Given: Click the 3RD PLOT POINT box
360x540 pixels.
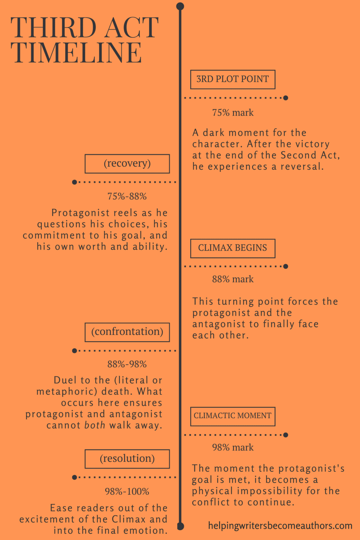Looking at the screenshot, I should coord(233,80).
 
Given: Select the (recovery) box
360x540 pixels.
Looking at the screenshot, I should coord(127,164).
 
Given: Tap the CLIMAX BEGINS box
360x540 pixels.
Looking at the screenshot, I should coord(233,248).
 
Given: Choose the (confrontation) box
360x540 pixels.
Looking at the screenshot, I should coord(127,332).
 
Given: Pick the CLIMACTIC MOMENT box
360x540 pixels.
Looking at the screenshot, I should coord(233,416).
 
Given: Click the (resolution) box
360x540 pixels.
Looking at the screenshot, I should coord(127,459).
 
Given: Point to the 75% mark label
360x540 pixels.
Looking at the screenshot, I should coord(233,112).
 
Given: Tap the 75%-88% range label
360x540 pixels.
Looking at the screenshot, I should coord(127,197).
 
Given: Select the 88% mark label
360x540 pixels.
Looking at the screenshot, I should coord(233,279).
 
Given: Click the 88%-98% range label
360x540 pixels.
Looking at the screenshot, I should coord(127,364).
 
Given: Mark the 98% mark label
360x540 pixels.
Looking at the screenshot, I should coord(233,447).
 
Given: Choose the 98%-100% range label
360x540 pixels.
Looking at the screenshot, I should coord(127,491).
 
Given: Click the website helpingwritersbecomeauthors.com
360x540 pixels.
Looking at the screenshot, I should coord(280,525).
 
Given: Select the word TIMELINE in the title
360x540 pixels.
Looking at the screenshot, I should coord(76,53).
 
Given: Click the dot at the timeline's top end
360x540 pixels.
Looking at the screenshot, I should coord(180,6).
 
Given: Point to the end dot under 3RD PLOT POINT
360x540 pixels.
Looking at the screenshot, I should coord(286,98).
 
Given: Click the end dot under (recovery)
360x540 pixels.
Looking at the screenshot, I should coord(75,182).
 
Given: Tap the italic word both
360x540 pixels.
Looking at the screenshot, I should coord(94,425).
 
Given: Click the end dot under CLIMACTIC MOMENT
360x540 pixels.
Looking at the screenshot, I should coord(286,435).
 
